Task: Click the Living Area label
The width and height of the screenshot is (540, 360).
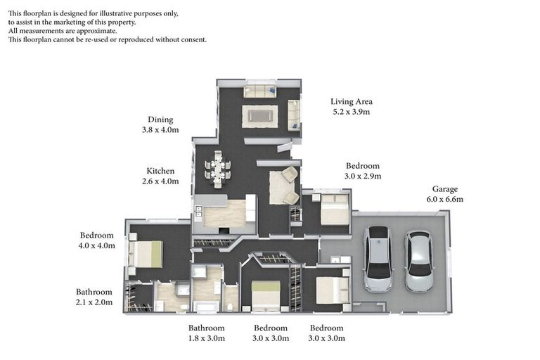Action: coord(352,102)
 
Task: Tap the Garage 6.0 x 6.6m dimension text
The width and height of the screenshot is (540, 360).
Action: coord(444,199)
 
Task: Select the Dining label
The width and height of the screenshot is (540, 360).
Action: coord(160,120)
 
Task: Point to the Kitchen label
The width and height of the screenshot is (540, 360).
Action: coord(160,171)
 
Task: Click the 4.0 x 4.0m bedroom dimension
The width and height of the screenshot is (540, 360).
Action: coord(97,245)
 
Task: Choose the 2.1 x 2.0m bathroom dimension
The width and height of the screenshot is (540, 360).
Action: coord(94,302)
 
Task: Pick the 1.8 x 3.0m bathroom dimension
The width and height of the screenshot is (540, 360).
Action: coord(207,338)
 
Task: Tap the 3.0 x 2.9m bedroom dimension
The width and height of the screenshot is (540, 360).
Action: coord(363,176)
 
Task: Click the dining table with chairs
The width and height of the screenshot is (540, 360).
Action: coord(218,169)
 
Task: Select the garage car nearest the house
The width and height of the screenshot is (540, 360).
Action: coord(378,259)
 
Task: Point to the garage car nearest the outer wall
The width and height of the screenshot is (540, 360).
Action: coord(418,261)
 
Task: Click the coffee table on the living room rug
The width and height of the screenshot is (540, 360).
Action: coord(259,116)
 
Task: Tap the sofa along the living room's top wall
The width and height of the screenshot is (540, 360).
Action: coord(260,91)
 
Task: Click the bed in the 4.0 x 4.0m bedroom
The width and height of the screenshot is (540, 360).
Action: coord(145,254)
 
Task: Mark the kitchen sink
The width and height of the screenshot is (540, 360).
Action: coord(199,211)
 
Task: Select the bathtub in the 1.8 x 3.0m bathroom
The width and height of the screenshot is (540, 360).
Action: coord(206,306)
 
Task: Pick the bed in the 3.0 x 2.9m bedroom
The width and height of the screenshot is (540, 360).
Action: coord(335,210)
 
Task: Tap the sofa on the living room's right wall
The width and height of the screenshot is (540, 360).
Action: coord(294,115)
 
